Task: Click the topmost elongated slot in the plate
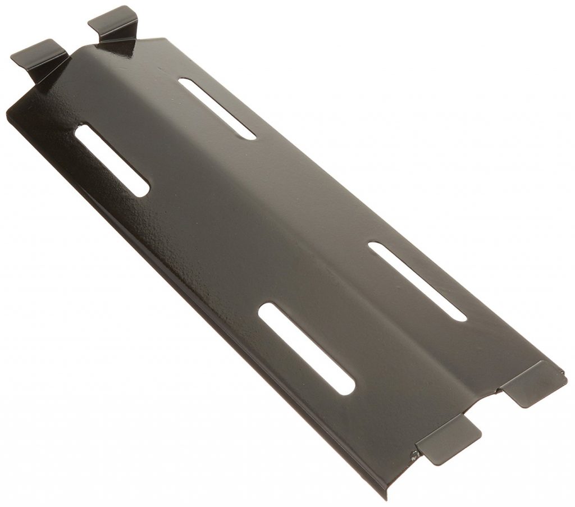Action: [x=217, y=108]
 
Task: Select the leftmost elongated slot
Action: [x=112, y=160]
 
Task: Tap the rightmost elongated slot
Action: [x=417, y=281]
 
